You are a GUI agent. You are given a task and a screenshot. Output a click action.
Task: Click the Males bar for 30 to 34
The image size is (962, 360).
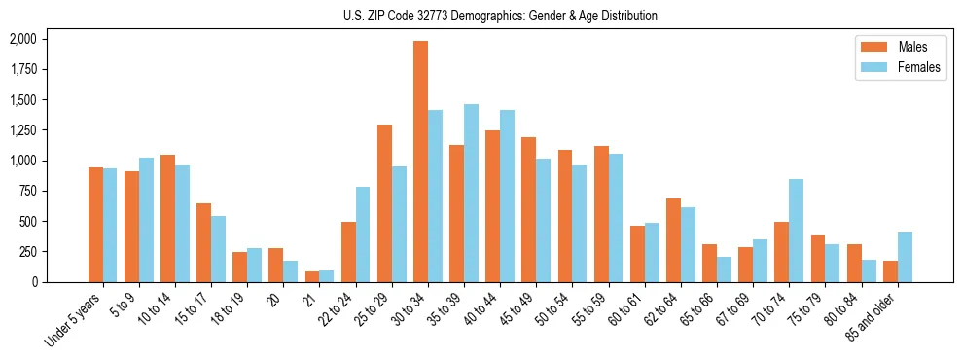(420, 162)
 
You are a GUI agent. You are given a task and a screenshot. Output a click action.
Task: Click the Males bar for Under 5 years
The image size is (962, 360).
(95, 225)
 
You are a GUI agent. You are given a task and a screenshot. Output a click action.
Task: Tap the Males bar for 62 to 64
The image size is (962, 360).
(673, 240)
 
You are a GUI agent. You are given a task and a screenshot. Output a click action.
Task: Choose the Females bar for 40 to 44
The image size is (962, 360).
(507, 196)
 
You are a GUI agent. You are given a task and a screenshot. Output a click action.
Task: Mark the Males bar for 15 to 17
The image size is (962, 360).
(203, 242)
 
